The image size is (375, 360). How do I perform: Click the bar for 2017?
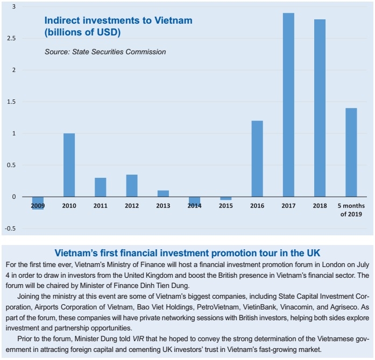click(x=288, y=105)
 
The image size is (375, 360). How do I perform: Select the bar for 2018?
click(x=320, y=108)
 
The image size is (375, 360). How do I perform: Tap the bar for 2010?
click(x=69, y=165)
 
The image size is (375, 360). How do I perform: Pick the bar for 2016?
click(x=257, y=159)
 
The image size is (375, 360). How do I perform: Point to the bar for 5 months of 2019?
click(x=351, y=153)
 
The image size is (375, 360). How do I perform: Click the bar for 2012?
click(x=132, y=185)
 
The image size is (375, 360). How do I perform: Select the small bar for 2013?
click(x=163, y=193)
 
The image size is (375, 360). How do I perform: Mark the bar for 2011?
click(x=100, y=187)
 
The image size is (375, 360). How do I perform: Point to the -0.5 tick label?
click(x=10, y=229)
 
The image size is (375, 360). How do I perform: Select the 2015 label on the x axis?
click(x=226, y=206)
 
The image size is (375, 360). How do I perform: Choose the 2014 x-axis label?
click(x=194, y=206)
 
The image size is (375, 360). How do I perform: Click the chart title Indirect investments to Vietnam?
click(x=118, y=21)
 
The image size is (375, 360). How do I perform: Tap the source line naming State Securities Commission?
click(x=105, y=52)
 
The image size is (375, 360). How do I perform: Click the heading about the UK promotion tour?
click(x=187, y=253)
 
